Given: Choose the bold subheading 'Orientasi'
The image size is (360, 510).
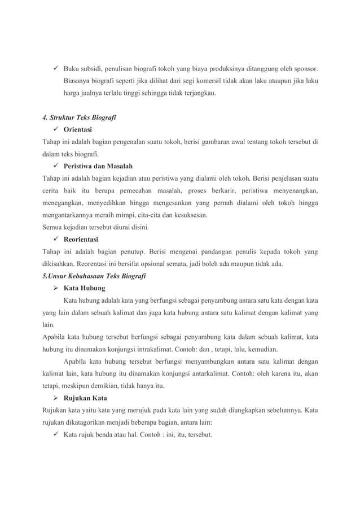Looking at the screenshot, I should (81, 129).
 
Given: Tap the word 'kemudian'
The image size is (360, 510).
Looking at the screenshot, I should (263, 349).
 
